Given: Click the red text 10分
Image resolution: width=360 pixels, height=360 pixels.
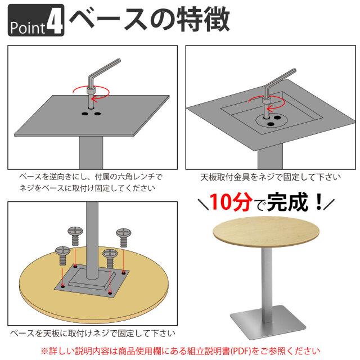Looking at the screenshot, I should (227, 201).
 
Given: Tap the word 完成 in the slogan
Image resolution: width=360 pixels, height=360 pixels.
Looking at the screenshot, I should (287, 201).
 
